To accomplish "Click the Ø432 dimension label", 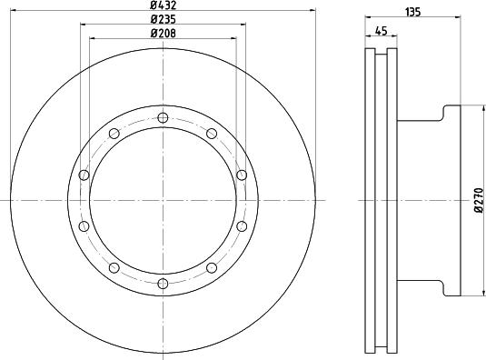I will click(x=163, y=7).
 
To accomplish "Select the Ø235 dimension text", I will click(x=163, y=21).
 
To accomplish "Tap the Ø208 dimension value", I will click(x=163, y=34).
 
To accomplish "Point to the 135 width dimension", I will click(x=412, y=12).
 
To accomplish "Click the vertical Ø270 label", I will click(x=476, y=201).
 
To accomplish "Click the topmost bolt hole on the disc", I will click(x=163, y=118).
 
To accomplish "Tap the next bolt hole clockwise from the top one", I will click(x=211, y=134).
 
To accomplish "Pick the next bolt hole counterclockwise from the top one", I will click(x=114, y=134).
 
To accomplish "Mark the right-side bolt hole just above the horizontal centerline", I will click(x=241, y=175).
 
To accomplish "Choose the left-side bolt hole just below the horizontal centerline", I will click(x=84, y=225).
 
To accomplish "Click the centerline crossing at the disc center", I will click(x=163, y=200).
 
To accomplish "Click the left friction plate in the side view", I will click(x=370, y=200).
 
